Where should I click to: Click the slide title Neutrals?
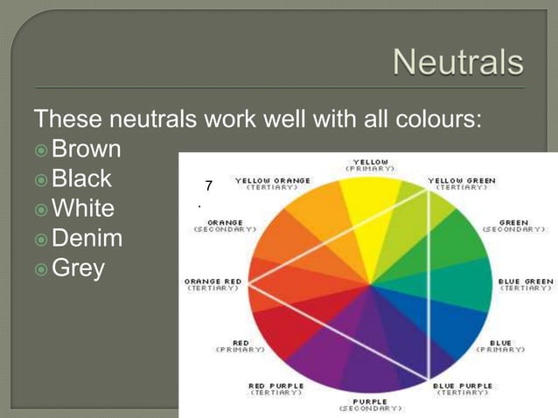click(x=457, y=63)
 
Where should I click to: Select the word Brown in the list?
click(x=86, y=150)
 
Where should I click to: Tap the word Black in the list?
click(x=81, y=179)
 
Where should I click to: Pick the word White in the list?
click(x=83, y=209)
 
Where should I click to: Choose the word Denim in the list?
click(x=87, y=238)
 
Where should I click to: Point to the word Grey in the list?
click(x=78, y=267)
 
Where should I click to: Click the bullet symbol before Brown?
click(x=40, y=150)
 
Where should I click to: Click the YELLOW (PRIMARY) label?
click(x=370, y=164)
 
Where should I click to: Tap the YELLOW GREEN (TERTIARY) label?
click(x=461, y=184)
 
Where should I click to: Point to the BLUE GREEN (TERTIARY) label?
click(x=525, y=284)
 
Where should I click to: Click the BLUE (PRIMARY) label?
click(x=500, y=345)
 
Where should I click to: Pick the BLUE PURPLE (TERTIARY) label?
click(x=462, y=388)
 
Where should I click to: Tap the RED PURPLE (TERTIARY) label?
click(x=276, y=388)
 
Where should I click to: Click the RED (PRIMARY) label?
click(x=241, y=345)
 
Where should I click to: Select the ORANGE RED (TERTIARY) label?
click(x=213, y=284)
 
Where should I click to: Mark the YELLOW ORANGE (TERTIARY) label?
click(x=272, y=184)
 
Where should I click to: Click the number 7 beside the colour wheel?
click(x=208, y=185)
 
